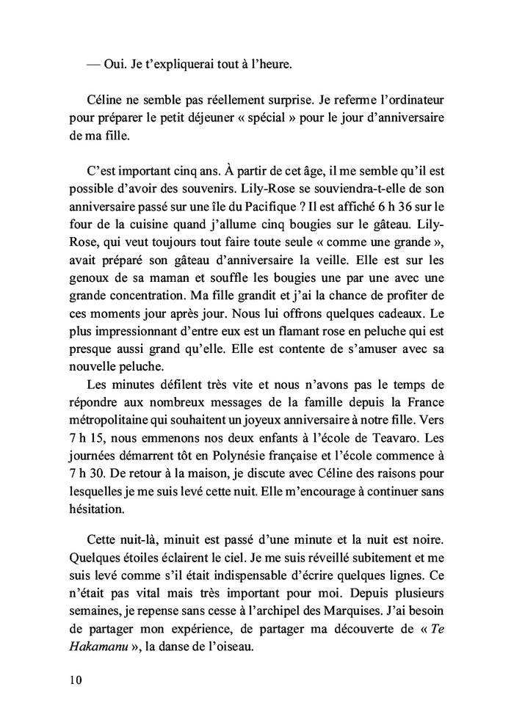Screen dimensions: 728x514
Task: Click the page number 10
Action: click(72, 680)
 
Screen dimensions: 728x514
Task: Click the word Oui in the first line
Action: click(112, 64)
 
